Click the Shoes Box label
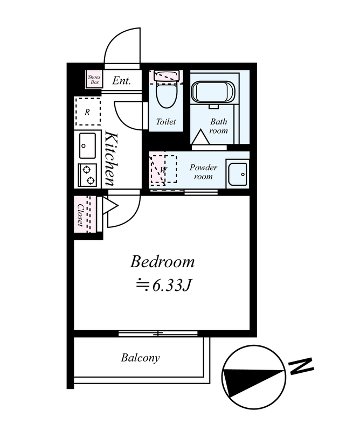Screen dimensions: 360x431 tap(94, 79)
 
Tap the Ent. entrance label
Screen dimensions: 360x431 tap(122, 80)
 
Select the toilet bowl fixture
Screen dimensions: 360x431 tap(167, 91)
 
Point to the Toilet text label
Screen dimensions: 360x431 tap(166, 122)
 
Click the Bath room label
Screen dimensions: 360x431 tap(219, 126)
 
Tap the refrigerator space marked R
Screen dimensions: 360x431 tap(87, 112)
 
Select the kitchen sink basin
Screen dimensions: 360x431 tap(87, 145)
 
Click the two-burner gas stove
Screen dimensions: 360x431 tap(87, 175)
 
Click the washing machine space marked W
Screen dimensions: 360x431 tap(163, 169)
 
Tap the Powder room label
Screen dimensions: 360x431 tap(204, 172)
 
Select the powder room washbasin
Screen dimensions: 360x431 tap(238, 173)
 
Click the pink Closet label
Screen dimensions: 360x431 tap(81, 214)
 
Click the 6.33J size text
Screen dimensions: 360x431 tap(163, 286)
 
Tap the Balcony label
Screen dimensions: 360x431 tap(140, 358)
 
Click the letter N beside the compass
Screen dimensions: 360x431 tap(301, 366)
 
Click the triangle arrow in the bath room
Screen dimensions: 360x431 tap(200, 137)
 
